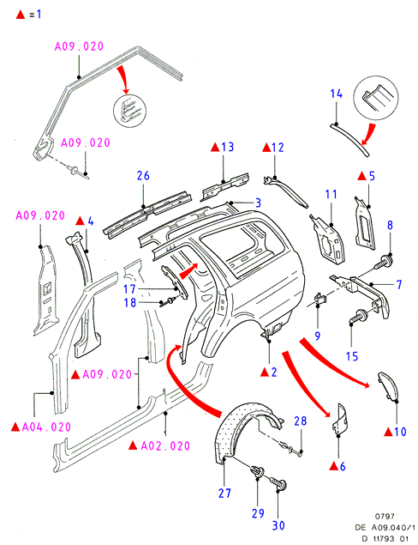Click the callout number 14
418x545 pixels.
[336, 94]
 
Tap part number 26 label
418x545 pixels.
[143, 176]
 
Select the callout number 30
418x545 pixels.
[278, 525]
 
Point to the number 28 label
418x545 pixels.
[301, 421]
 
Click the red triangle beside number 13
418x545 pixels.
[215, 148]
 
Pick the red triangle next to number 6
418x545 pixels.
[334, 466]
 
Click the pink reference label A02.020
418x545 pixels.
[165, 446]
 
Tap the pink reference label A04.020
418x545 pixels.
[46, 427]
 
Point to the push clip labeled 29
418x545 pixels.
[257, 471]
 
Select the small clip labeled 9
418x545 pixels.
[320, 298]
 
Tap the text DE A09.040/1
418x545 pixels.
[385, 528]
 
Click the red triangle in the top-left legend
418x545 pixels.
[21, 15]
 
